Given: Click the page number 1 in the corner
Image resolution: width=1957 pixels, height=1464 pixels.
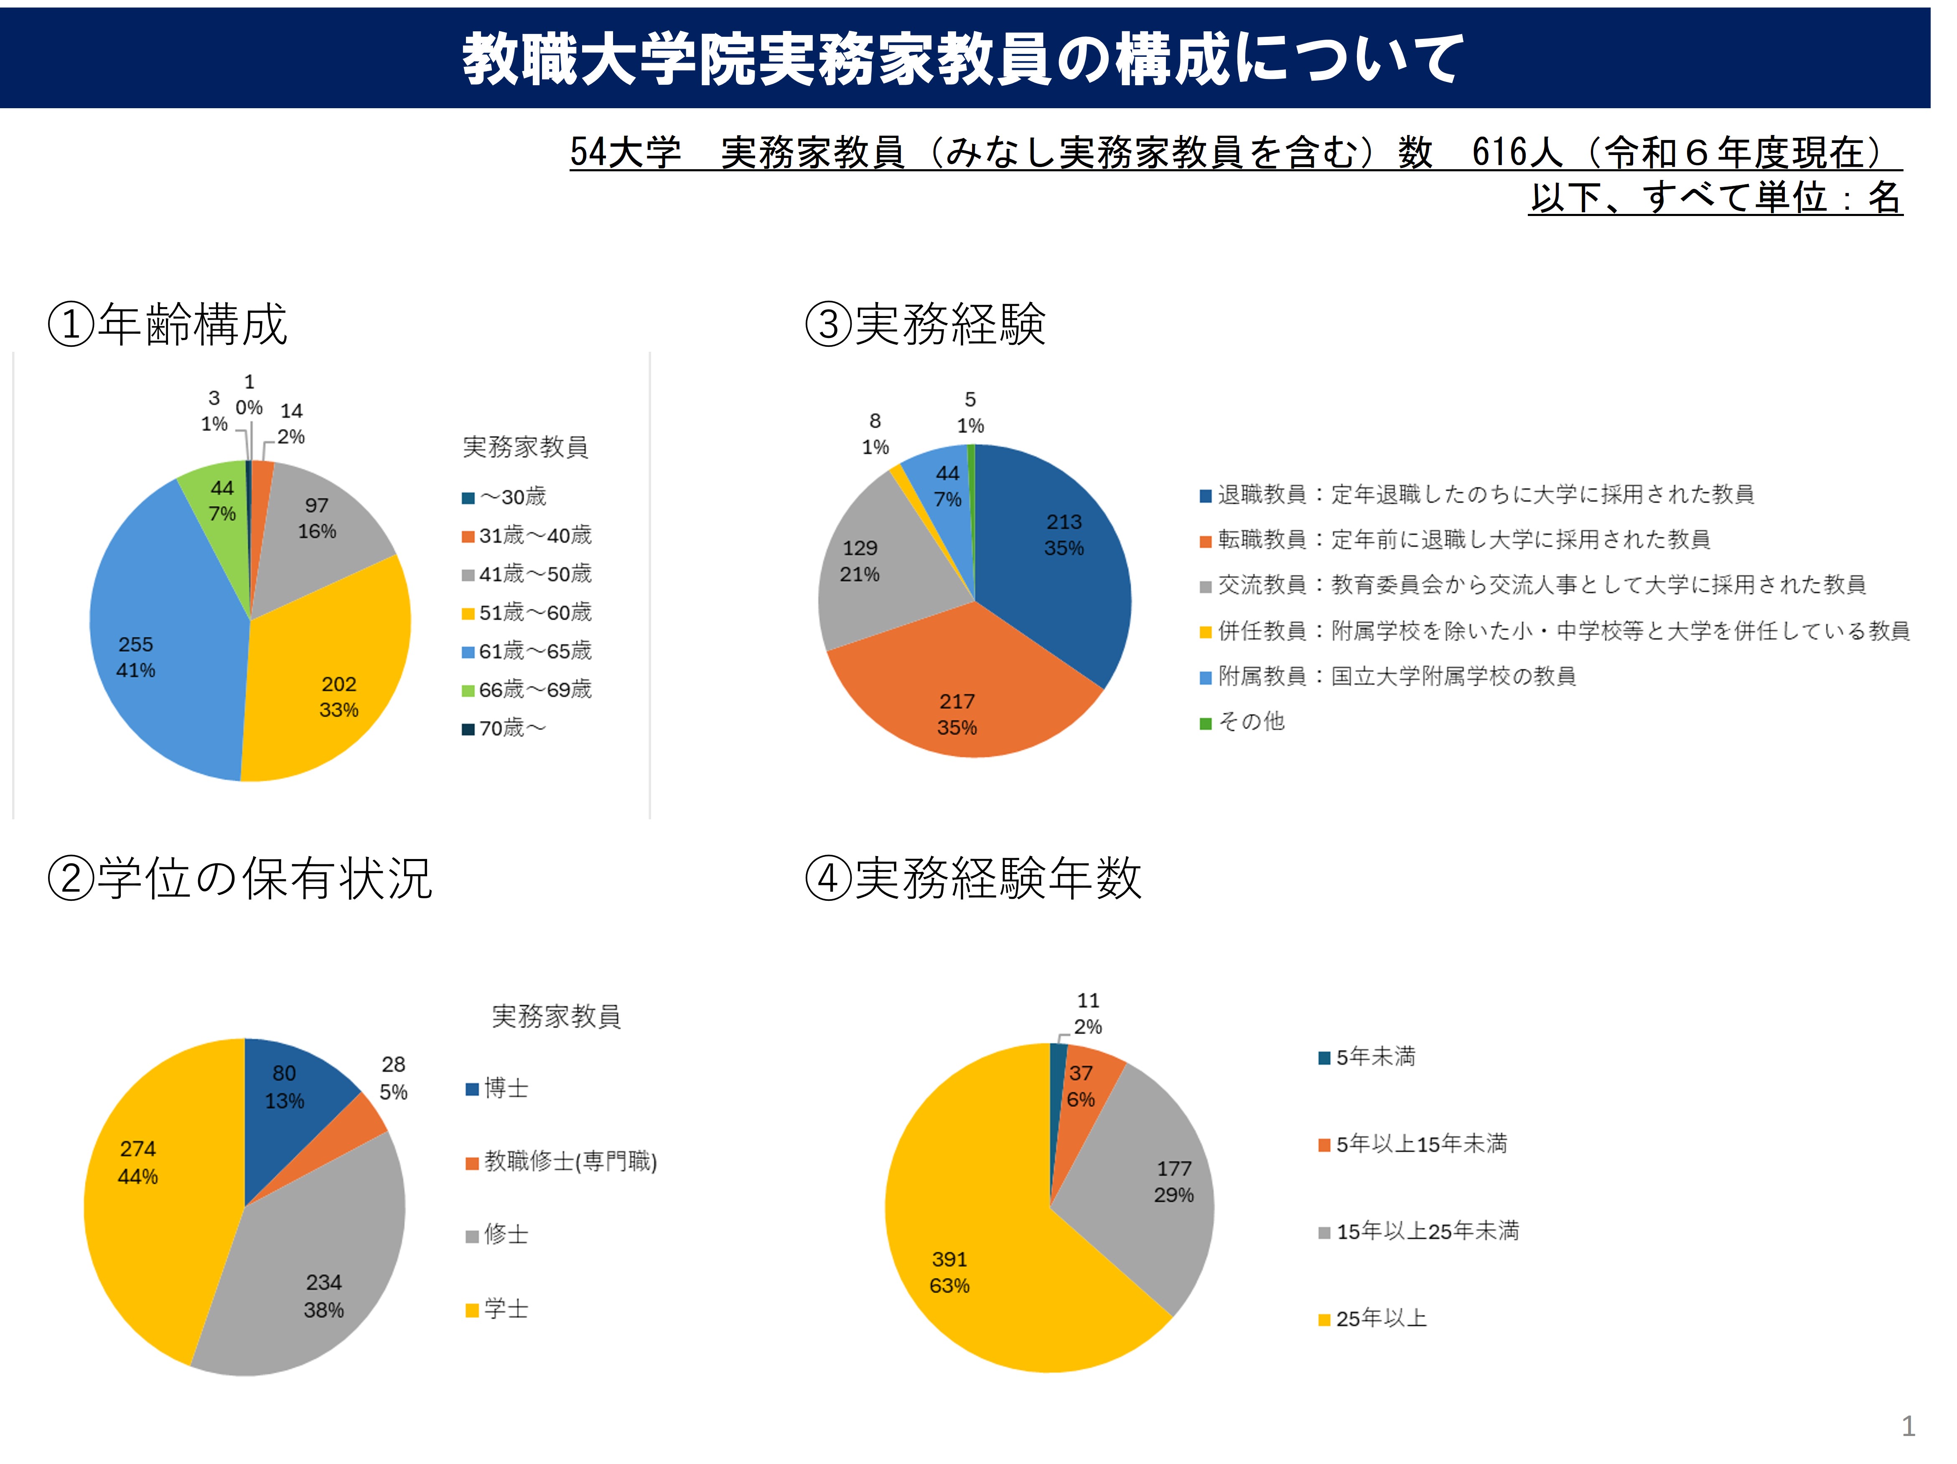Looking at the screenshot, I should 1909,1426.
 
